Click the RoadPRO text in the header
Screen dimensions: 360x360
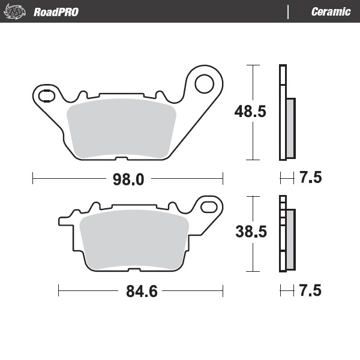point(56,11)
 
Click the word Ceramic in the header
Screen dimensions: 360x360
point(331,11)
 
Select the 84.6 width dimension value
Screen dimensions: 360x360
point(142,292)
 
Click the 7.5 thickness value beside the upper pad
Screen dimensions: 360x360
point(310,178)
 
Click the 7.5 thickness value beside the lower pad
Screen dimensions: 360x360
point(310,292)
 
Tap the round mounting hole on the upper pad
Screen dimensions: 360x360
point(205,82)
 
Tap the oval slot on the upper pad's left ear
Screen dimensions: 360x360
point(46,95)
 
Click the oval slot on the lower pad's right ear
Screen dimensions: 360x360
point(210,206)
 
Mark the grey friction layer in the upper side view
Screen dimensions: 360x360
point(290,128)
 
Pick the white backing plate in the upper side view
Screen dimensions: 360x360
point(282,112)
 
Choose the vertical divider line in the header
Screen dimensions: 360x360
point(289,11)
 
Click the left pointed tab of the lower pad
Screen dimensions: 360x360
point(62,220)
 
